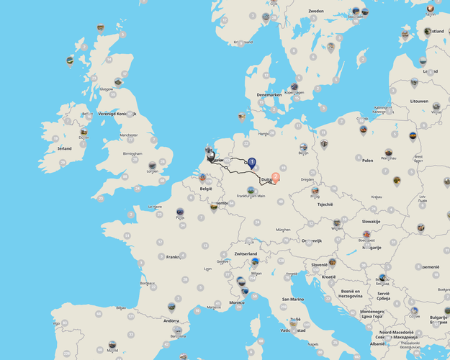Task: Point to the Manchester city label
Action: pyautogui.click(x=129, y=135)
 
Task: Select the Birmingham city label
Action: pyautogui.click(x=132, y=153)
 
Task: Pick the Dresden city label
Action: pyautogui.click(x=307, y=179)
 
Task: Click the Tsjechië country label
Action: pyautogui.click(x=324, y=204)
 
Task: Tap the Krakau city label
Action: pyautogui.click(x=377, y=197)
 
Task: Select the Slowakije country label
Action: pyautogui.click(x=371, y=221)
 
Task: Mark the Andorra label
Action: pyautogui.click(x=171, y=320)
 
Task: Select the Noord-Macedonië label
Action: pyautogui.click(x=394, y=333)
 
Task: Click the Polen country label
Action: pyautogui.click(x=368, y=161)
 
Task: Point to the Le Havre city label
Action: pyautogui.click(x=155, y=207)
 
